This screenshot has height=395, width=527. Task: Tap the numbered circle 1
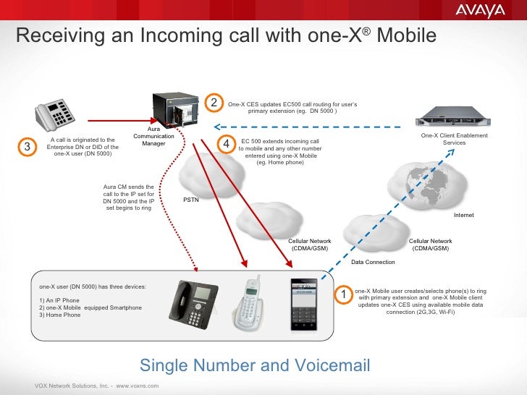pos(345,295)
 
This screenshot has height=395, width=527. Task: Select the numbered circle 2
pos(214,104)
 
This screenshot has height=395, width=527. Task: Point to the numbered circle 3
pos(27,147)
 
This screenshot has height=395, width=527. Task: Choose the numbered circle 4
pos(227,145)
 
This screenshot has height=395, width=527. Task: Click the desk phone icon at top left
pos(56,114)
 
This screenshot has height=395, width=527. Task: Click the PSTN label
pos(190,200)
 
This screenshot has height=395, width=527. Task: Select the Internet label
pos(463,216)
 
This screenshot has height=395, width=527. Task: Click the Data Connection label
pos(373,262)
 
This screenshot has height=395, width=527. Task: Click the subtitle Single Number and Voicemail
pos(255,365)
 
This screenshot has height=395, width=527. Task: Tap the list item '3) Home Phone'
pos(60,315)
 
